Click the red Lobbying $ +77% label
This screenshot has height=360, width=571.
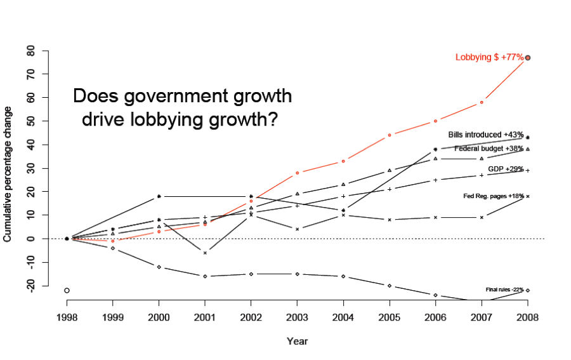pyautogui.click(x=489, y=58)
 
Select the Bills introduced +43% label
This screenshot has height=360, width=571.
pyautogui.click(x=485, y=135)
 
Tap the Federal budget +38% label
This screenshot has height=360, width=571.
pyautogui.click(x=489, y=149)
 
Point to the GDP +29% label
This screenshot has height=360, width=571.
pyautogui.click(x=506, y=169)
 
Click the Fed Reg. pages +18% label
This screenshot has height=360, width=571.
pyautogui.click(x=494, y=196)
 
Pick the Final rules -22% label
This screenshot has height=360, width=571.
pyautogui.click(x=504, y=290)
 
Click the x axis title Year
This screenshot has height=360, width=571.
pyautogui.click(x=297, y=342)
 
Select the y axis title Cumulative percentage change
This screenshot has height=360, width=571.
pyautogui.click(x=8, y=175)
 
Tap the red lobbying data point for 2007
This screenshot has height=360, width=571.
pyautogui.click(x=482, y=102)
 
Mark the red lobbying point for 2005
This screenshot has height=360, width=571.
pyautogui.click(x=390, y=135)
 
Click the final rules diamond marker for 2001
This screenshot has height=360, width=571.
pyautogui.click(x=205, y=276)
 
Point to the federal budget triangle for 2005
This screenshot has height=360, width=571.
pyautogui.click(x=390, y=170)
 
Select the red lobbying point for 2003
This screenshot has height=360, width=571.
pyautogui.click(x=297, y=173)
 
